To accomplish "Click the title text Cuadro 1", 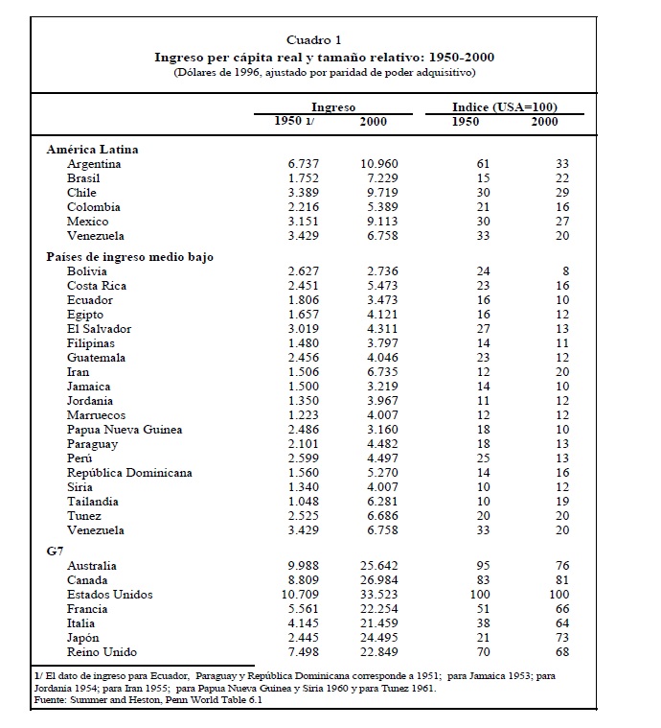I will pyautogui.click(x=314, y=40).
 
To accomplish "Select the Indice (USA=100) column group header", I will pyautogui.click(x=505, y=107).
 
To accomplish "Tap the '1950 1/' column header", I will pyautogui.click(x=294, y=122).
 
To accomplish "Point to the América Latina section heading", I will pyautogui.click(x=92, y=150).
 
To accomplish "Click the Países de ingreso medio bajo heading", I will pyautogui.click(x=129, y=257).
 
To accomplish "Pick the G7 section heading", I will pyautogui.click(x=56, y=552).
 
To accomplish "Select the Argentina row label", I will pyautogui.click(x=94, y=164).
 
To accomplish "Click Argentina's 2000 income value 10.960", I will pyautogui.click(x=378, y=164).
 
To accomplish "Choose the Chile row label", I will pyautogui.click(x=81, y=193).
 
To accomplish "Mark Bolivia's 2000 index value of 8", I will pyautogui.click(x=565, y=271).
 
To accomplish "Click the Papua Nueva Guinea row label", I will pyautogui.click(x=125, y=430).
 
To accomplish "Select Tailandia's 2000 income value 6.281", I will pyautogui.click(x=380, y=502).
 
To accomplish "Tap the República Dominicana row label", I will pyautogui.click(x=129, y=473).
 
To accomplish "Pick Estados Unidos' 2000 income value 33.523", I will pyautogui.click(x=378, y=595).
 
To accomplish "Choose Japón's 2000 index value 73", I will pyautogui.click(x=562, y=638).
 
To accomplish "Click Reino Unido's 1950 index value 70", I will pyautogui.click(x=483, y=652).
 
